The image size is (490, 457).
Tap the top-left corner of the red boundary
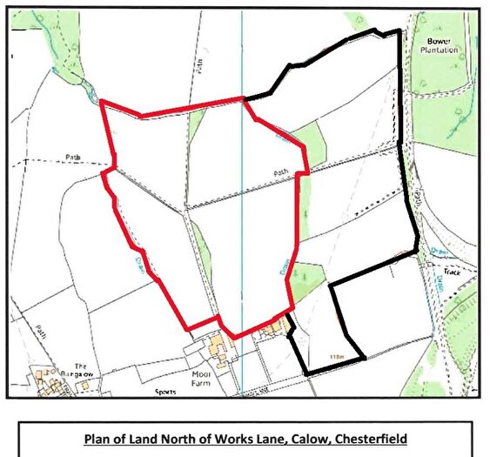[x=102, y=102]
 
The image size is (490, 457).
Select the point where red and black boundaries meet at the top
[x=245, y=97]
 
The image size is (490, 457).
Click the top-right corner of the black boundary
[x=399, y=31]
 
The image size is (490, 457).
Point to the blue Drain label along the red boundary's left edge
[x=138, y=259]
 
